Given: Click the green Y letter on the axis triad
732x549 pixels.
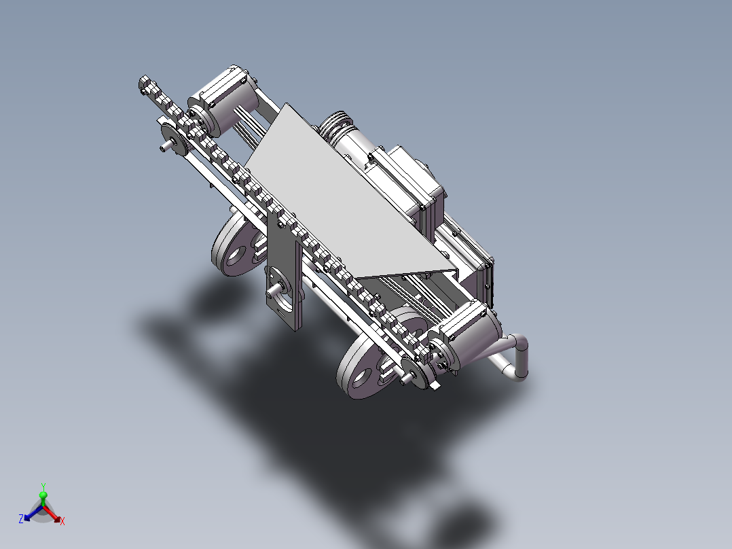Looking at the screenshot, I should [x=43, y=486].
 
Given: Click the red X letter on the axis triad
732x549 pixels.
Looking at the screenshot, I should [x=62, y=521].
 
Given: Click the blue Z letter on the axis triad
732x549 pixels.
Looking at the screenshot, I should [x=21, y=518].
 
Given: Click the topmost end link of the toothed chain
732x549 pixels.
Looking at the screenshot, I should [x=145, y=83].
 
